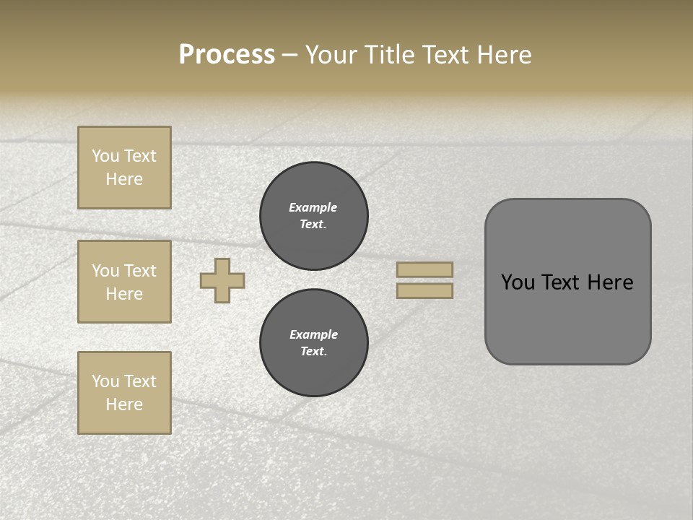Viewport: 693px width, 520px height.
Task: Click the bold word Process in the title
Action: click(227, 55)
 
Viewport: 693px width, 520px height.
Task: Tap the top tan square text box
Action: click(124, 168)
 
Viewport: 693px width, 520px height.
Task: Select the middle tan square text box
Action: click(124, 282)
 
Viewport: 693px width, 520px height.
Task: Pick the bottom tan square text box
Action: click(124, 393)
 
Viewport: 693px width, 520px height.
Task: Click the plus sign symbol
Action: click(222, 280)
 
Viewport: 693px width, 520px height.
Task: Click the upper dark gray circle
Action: click(314, 216)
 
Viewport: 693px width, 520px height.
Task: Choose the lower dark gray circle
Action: click(314, 343)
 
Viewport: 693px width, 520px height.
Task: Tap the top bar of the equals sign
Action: click(424, 270)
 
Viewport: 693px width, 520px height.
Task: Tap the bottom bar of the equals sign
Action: click(424, 291)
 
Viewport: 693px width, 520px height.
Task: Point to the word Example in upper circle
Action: click(313, 208)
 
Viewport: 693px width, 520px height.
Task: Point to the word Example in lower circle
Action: click(313, 335)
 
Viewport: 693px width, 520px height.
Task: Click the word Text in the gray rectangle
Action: click(561, 282)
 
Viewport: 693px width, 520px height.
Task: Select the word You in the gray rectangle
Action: click(517, 282)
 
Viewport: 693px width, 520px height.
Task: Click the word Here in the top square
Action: click(124, 179)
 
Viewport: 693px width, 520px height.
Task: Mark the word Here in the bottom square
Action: click(124, 404)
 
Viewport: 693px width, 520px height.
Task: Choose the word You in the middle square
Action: click(105, 271)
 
